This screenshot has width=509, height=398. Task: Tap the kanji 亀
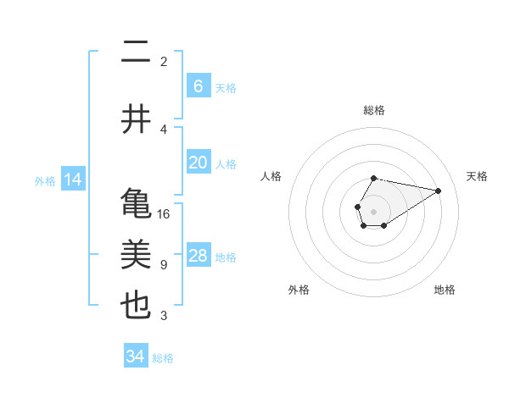click(x=136, y=204)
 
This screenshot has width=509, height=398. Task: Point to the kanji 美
click(x=136, y=255)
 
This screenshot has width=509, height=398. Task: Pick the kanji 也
click(x=136, y=306)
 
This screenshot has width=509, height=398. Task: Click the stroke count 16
click(x=164, y=214)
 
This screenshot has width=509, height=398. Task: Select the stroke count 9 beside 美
click(x=163, y=265)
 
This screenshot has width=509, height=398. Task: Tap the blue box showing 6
click(x=199, y=86)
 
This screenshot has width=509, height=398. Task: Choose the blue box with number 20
click(x=199, y=163)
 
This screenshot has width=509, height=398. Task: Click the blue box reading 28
click(x=199, y=256)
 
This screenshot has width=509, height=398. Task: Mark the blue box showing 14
click(x=72, y=180)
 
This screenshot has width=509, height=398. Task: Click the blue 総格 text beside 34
click(x=163, y=358)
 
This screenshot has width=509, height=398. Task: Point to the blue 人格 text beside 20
click(x=226, y=164)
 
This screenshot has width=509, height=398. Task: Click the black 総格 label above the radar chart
click(x=373, y=110)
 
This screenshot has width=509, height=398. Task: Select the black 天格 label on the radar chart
click(x=478, y=176)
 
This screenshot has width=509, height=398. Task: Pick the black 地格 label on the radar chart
click(x=445, y=290)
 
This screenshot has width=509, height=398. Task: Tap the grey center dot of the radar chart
click(x=373, y=210)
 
